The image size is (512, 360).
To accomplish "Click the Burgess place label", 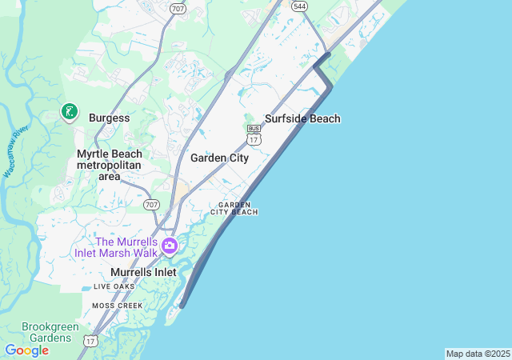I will coord(109,118).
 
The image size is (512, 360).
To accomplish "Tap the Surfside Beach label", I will coord(302,118).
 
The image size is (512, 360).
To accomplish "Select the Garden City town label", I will coord(219,158).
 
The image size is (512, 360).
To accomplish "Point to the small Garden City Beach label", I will coord(234,208).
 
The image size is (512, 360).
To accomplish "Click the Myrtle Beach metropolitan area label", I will coord(109,165).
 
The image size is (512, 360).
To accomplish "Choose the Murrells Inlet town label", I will coord(143,272).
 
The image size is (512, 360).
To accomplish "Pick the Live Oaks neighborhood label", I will coord(114,286).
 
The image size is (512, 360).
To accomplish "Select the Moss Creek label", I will coord(117,306).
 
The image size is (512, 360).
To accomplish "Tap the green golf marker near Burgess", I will coord(70,113).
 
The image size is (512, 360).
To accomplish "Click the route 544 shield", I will coord(299,6).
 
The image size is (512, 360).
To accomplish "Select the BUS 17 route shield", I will coord(254,134).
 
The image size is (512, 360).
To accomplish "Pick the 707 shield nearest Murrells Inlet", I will coord(151,205).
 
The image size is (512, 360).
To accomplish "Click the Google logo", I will coord(26,350).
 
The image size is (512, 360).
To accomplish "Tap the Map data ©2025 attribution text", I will coord(478,354).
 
